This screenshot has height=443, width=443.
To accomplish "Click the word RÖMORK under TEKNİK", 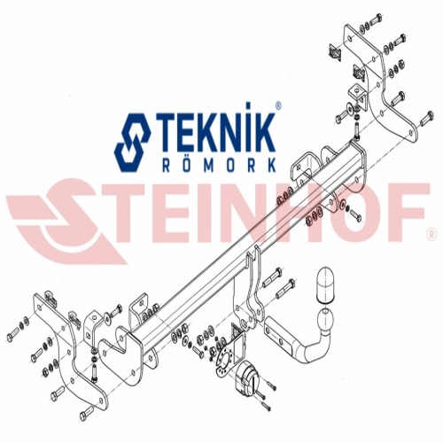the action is tap(219, 166).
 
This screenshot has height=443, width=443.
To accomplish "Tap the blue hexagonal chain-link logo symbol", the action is tap(132, 143).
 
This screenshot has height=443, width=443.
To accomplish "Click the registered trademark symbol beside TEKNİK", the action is tap(278, 105).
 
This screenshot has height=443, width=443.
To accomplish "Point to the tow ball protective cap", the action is tap(325, 285).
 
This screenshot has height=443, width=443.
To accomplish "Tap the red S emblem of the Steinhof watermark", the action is tap(67, 221).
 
